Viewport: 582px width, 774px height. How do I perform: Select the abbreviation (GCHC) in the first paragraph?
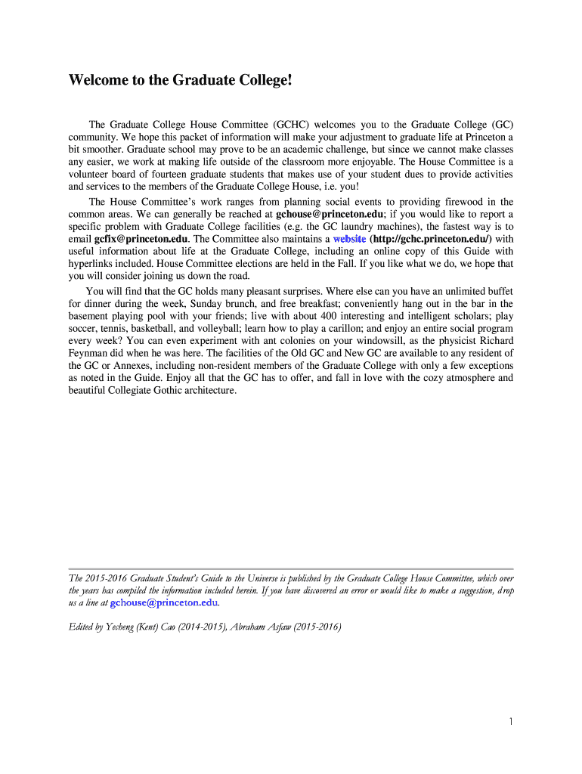pos(288,125)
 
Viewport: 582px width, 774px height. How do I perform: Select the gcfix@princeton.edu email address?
pos(141,239)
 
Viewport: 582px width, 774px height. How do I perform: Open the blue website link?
pos(349,239)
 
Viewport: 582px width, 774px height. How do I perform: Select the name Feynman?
pos(90,354)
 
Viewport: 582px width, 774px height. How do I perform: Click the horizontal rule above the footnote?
pos(291,568)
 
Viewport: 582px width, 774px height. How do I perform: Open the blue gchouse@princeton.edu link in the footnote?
pos(164,603)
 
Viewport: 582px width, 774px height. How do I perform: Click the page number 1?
pos(511,722)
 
